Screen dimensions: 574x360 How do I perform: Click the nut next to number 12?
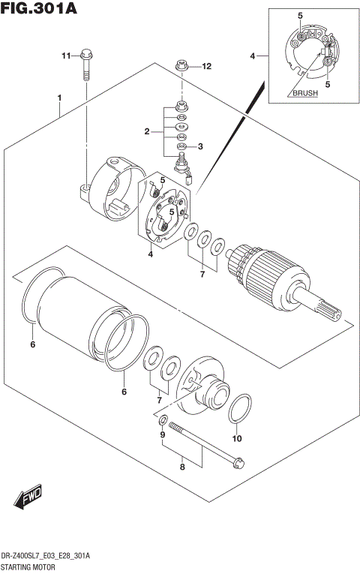click(x=181, y=67)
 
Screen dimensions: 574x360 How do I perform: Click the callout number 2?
click(x=148, y=133)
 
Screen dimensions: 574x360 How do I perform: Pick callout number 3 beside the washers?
click(x=200, y=147)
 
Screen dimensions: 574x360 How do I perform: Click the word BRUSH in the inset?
click(x=305, y=94)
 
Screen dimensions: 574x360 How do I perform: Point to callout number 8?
click(x=181, y=467)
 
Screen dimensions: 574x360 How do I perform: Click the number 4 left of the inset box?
click(x=253, y=56)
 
